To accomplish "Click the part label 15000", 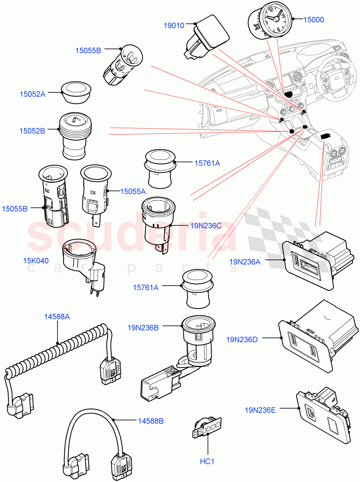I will click(x=313, y=19).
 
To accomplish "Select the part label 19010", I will click(x=174, y=26).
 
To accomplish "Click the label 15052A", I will click(x=33, y=94).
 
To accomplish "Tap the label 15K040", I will click(x=36, y=261).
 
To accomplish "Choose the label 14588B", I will click(x=151, y=421).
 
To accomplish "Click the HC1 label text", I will click(x=207, y=462).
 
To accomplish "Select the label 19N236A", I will click(x=245, y=261).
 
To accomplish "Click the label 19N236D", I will click(x=241, y=339).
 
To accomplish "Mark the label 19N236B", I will click(x=143, y=328).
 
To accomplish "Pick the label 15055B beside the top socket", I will click(x=88, y=50).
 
